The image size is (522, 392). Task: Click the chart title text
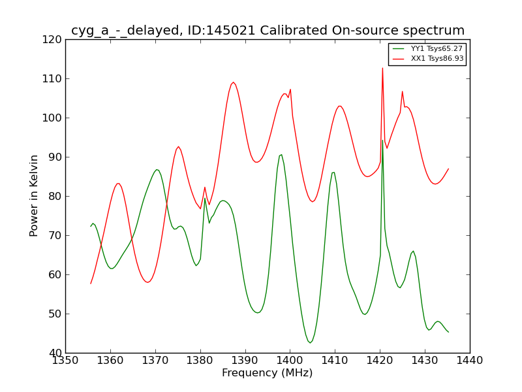point(268,31)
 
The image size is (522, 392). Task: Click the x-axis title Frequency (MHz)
point(267,373)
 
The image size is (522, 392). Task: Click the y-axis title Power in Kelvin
point(35,195)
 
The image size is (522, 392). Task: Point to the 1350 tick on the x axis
point(65,360)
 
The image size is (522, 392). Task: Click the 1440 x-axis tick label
point(470,360)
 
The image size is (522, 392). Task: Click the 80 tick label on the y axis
point(55,196)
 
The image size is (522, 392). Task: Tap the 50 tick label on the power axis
point(55,314)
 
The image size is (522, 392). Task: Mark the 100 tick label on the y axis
point(52,118)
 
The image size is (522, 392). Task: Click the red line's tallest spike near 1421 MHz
point(382,68)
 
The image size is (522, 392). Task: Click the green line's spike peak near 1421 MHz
point(382,140)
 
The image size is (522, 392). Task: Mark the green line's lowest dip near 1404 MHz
point(310,342)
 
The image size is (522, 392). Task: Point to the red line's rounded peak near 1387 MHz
point(233,82)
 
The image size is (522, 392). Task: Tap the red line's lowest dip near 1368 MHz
point(147,282)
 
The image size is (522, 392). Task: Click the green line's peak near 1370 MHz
point(157,170)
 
